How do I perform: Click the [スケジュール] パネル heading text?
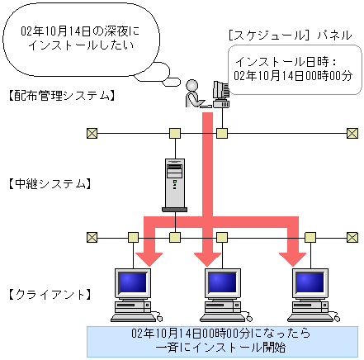(x=289, y=35)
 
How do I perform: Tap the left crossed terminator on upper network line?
(x=92, y=133)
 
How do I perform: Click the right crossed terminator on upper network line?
(x=352, y=133)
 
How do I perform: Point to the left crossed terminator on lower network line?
(x=92, y=237)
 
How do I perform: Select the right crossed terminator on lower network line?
(x=352, y=237)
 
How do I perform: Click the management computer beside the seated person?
(x=220, y=96)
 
